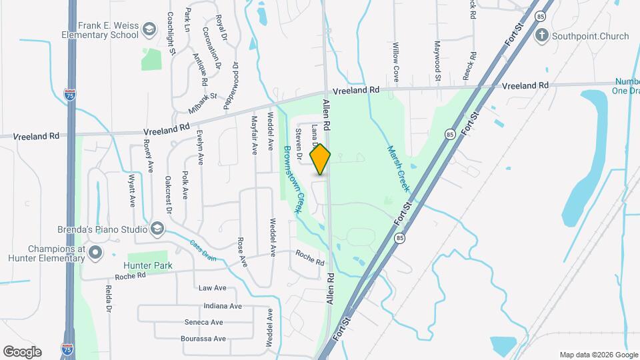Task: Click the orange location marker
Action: coord(321,159)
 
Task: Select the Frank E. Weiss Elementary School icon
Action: coord(150,29)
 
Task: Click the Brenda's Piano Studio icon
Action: coord(157,229)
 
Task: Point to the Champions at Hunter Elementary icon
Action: coord(95,253)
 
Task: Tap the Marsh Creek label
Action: coord(397,169)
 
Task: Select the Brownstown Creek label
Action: coord(294,179)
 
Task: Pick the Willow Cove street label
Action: coord(395,59)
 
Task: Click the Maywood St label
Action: coord(438,61)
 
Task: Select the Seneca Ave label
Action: coord(204,322)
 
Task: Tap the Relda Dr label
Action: coord(108,299)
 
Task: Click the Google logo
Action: coord(22,351)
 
